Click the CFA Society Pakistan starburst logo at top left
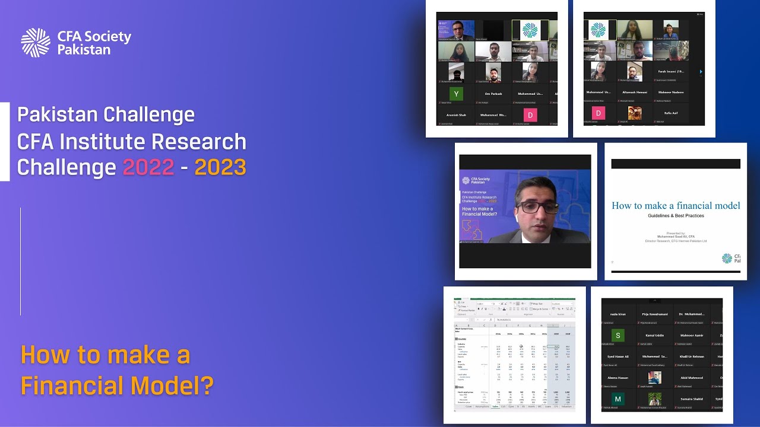pyautogui.click(x=36, y=43)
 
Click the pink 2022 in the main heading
pyautogui.click(x=148, y=168)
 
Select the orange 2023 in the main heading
pyautogui.click(x=220, y=168)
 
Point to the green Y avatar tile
pyautogui.click(x=456, y=94)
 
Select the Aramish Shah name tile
pyautogui.click(x=457, y=114)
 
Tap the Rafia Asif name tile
pyautogui.click(x=671, y=113)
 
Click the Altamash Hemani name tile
pyautogui.click(x=635, y=92)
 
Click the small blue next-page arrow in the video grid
pyautogui.click(x=701, y=72)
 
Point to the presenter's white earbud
pyautogui.click(x=516, y=219)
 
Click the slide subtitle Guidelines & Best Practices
pyautogui.click(x=676, y=216)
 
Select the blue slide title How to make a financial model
pyautogui.click(x=676, y=205)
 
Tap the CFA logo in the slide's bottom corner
pyautogui.click(x=727, y=258)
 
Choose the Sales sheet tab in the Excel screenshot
pyautogui.click(x=495, y=406)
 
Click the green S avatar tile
pyautogui.click(x=618, y=336)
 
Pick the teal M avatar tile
pyautogui.click(x=618, y=399)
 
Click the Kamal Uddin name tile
pyautogui.click(x=654, y=336)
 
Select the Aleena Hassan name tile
pyautogui.click(x=618, y=378)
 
